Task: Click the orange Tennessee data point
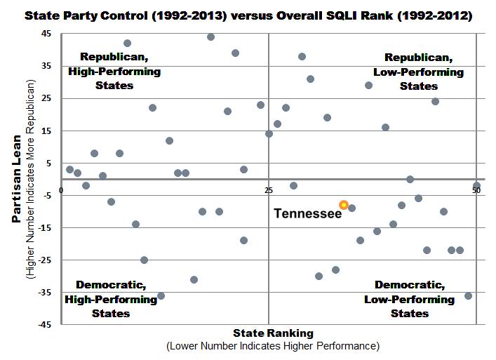[x=344, y=204]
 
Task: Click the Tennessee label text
[x=307, y=213]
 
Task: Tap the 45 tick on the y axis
[x=46, y=34]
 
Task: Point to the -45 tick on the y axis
[x=45, y=325]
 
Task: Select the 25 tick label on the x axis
[x=269, y=190]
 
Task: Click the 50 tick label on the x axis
[x=476, y=190]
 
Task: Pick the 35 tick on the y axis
[x=46, y=66]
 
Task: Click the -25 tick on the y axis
[x=45, y=260]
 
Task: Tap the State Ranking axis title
[x=273, y=333]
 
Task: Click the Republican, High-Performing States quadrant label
[x=114, y=71]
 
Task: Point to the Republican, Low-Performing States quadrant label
[x=419, y=72]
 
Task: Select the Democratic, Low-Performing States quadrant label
[x=410, y=299]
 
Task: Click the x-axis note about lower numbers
[x=273, y=346]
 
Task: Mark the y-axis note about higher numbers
[x=30, y=178]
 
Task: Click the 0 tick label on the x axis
[x=62, y=190]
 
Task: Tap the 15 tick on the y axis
[x=46, y=131]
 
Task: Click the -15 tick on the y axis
[x=45, y=228]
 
